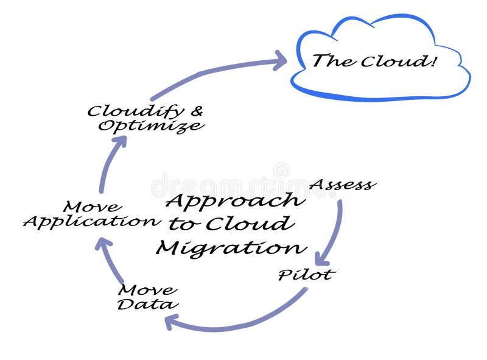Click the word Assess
click(342, 184)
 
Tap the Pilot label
click(306, 275)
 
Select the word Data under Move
click(147, 304)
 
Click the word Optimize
click(151, 126)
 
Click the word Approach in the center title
click(235, 200)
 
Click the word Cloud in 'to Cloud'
click(248, 224)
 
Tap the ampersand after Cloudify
click(196, 111)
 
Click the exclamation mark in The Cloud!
click(433, 60)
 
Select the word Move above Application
click(92, 206)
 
